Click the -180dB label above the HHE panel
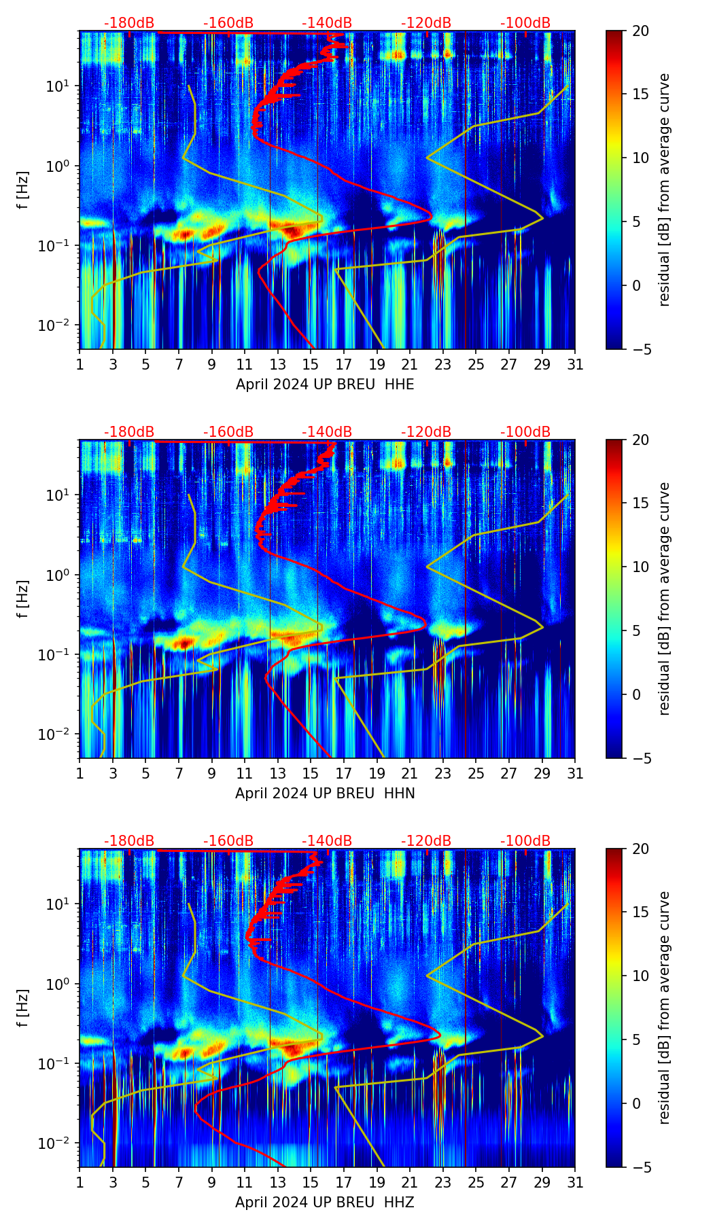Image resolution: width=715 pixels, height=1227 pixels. (129, 23)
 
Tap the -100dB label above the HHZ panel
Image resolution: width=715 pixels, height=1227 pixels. (525, 841)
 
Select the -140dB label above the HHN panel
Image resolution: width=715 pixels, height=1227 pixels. (327, 432)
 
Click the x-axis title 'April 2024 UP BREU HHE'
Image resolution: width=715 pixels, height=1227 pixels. (325, 385)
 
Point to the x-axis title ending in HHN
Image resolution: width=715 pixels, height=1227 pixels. (325, 794)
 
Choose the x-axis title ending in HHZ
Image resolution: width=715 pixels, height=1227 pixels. (325, 1203)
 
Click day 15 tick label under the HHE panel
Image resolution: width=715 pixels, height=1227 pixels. (311, 365)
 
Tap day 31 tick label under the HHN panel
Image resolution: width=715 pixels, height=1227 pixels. (575, 774)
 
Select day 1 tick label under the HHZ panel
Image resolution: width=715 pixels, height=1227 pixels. (80, 1183)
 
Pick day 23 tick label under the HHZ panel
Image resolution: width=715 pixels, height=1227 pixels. (443, 1183)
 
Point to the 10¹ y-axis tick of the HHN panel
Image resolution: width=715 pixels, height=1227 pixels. (58, 495)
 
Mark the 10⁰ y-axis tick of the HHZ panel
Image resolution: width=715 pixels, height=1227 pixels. (58, 984)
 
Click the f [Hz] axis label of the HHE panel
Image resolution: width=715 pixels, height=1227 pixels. (24, 190)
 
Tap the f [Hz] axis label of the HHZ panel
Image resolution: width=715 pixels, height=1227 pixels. (24, 1008)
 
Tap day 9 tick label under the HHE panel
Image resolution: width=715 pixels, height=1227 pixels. (211, 365)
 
